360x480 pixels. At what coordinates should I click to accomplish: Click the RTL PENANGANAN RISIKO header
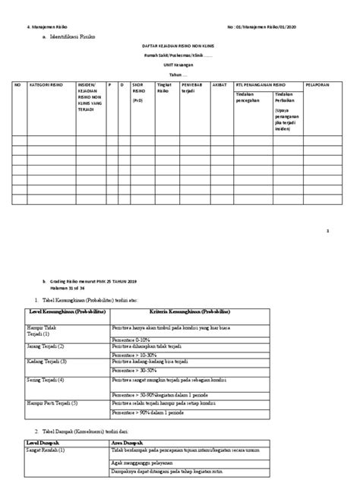click(x=263, y=86)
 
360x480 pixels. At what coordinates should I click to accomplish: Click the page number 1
click(x=327, y=229)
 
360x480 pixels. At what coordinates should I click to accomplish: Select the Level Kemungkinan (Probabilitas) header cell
click(x=66, y=313)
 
